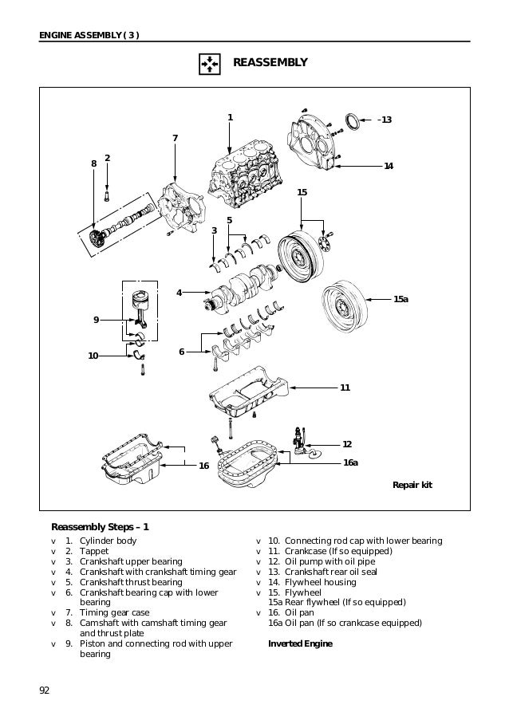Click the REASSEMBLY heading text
pyautogui.click(x=269, y=62)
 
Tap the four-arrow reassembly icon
pyautogui.click(x=207, y=63)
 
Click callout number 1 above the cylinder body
pyautogui.click(x=230, y=118)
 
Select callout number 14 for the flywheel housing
pyautogui.click(x=389, y=166)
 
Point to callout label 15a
pyautogui.click(x=400, y=298)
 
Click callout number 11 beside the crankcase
pyautogui.click(x=345, y=388)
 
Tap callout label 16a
pyautogui.click(x=350, y=462)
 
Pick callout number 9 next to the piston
pyautogui.click(x=96, y=320)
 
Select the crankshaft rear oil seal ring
pyautogui.click(x=350, y=121)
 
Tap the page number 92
pyautogui.click(x=44, y=690)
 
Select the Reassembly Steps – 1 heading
pyautogui.click(x=100, y=526)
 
